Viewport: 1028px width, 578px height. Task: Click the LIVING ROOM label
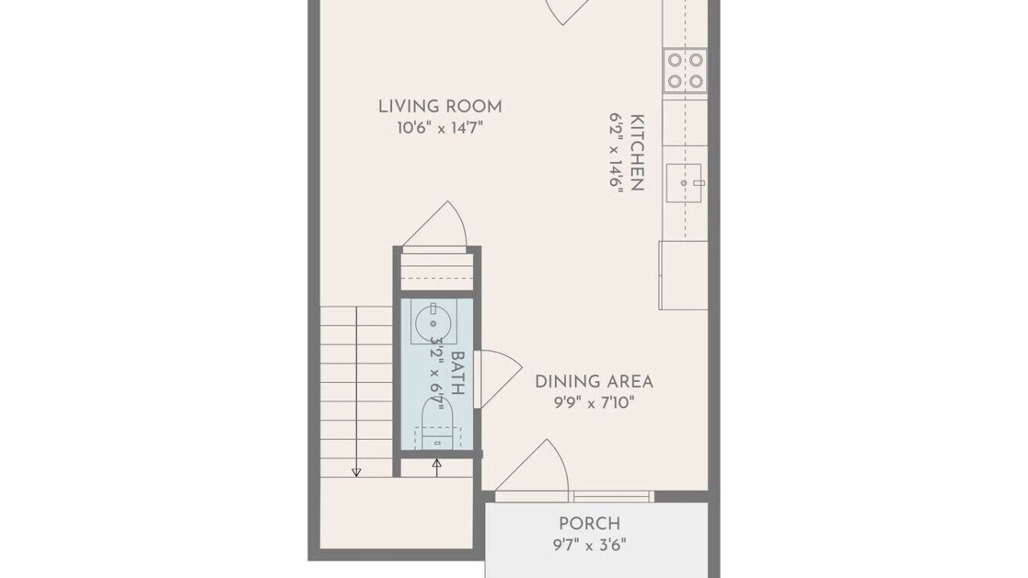coord(440,107)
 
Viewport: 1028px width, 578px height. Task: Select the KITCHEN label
coord(638,153)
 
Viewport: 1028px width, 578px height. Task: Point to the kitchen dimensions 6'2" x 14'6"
coord(616,150)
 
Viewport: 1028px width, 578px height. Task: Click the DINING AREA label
coord(594,381)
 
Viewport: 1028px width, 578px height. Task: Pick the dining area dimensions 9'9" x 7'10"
coord(594,403)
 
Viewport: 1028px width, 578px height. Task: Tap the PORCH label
coord(589,523)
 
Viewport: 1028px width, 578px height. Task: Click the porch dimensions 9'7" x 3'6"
coord(589,545)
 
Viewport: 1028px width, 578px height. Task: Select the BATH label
coord(458,373)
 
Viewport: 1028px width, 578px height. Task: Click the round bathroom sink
coord(433,323)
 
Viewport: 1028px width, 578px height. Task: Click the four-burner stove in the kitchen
coord(685,71)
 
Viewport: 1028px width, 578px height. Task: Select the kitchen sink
coord(683,183)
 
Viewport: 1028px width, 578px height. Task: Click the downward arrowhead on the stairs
coord(356,473)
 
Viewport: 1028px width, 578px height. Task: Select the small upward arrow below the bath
coord(437,467)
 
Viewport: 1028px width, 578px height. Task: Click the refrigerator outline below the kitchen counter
coord(683,275)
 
